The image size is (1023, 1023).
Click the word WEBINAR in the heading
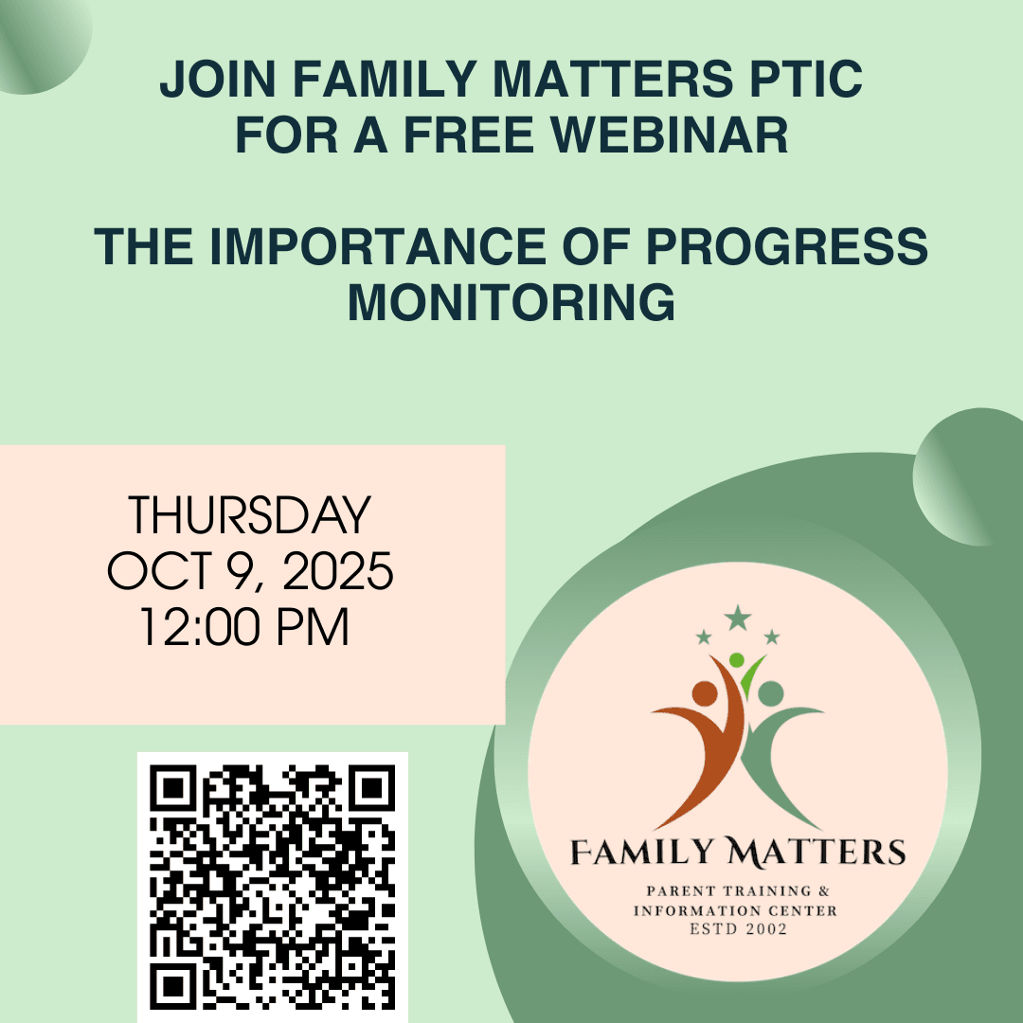coord(670,135)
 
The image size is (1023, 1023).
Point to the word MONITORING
coord(511,302)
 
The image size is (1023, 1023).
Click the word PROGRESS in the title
coord(787,246)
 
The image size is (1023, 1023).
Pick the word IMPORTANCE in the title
coord(378,246)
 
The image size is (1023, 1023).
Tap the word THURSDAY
coord(249,514)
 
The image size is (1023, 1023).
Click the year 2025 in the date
coord(337,571)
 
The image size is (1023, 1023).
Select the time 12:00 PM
coord(244,627)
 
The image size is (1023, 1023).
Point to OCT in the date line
coord(160,571)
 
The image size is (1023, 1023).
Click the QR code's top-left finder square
coord(172,787)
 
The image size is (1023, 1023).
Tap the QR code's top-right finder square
coord(372,787)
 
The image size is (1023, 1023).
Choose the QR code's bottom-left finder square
coord(172,987)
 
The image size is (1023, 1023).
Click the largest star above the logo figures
coord(737,618)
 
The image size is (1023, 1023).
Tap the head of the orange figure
coord(705,693)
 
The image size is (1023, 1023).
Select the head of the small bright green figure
coord(737,660)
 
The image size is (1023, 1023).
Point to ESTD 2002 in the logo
coord(739,929)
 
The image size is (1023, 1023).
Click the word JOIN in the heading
coord(218,79)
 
